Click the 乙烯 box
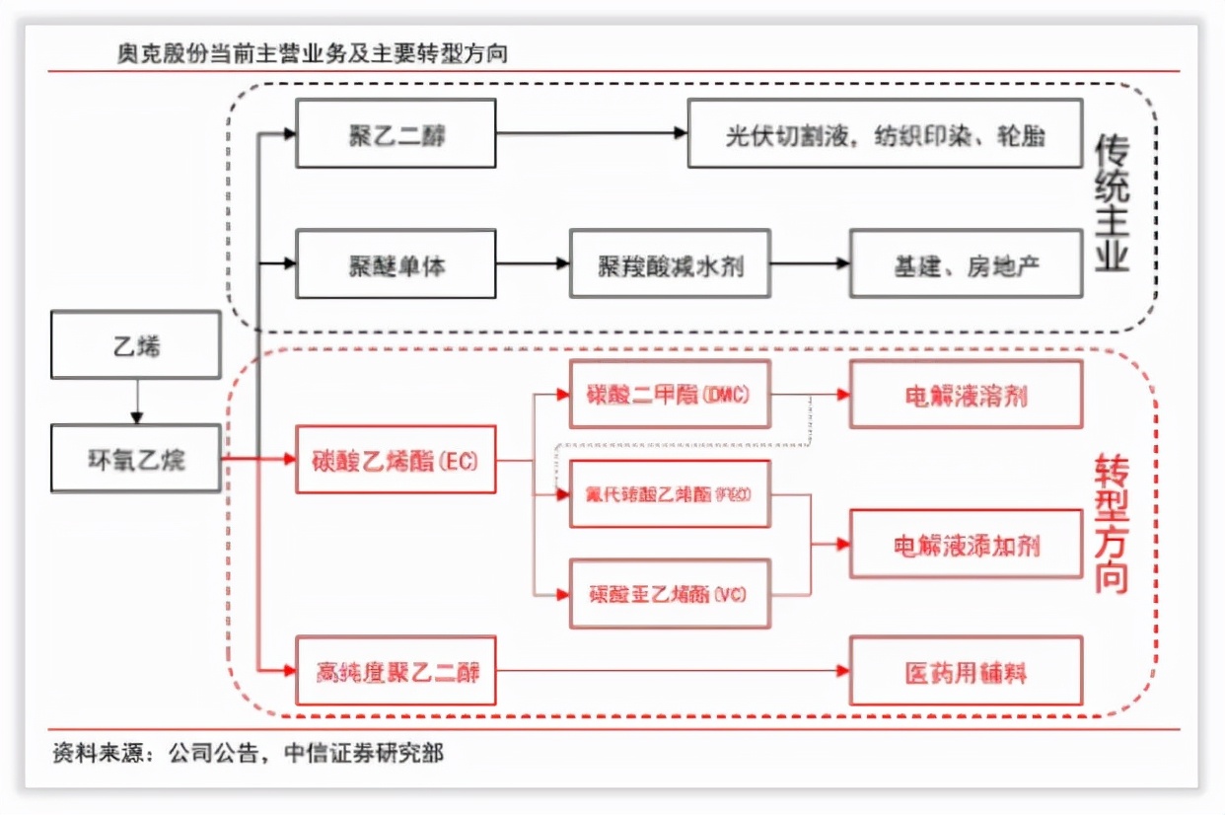(136, 345)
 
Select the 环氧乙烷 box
(136, 459)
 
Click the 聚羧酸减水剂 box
(670, 264)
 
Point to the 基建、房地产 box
(966, 264)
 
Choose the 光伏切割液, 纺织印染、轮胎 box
(885, 134)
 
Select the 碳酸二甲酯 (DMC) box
(671, 395)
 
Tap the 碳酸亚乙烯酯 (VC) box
(671, 593)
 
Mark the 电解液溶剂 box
(966, 395)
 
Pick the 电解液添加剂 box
(966, 544)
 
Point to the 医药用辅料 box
(966, 672)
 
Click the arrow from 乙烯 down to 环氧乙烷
(137, 402)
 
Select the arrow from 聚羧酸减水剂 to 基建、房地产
(810, 264)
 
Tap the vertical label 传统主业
(1112, 202)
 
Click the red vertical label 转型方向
(1112, 523)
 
